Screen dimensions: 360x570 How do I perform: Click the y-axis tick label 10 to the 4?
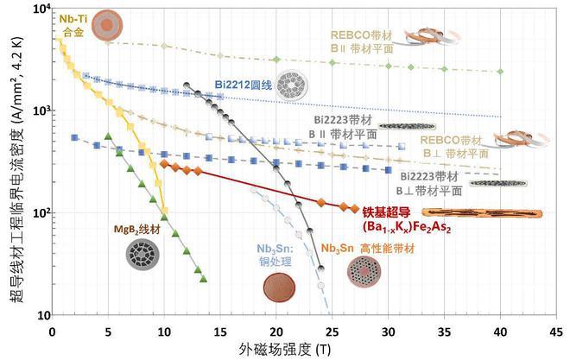pyautogui.click(x=35, y=9)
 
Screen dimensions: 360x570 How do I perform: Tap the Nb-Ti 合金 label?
pyautogui.click(x=71, y=24)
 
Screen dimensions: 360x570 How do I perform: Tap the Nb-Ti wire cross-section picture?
pyautogui.click(x=107, y=24)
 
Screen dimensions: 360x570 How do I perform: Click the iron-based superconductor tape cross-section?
pyautogui.click(x=481, y=213)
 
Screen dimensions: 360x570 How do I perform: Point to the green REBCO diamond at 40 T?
pyautogui.click(x=500, y=72)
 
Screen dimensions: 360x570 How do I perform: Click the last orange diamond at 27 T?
pyautogui.click(x=354, y=208)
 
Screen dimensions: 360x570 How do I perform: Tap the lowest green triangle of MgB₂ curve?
pyautogui.click(x=203, y=279)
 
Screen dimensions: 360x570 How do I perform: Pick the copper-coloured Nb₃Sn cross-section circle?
pyautogui.click(x=278, y=287)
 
